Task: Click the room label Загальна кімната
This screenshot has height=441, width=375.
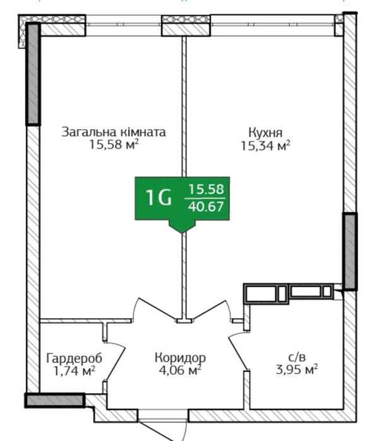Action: coord(114,132)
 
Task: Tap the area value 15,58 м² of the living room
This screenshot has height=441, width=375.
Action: coord(114,144)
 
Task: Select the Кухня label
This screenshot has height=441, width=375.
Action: coord(265,132)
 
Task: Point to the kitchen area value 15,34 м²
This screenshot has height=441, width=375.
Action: coord(265,146)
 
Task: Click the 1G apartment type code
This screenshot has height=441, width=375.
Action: coord(158,198)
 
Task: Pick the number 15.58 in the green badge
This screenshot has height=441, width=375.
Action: coord(206,189)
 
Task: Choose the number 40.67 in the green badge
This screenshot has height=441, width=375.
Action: coord(206,207)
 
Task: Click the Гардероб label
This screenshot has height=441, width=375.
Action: coord(74,358)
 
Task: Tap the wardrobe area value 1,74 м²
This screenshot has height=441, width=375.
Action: coord(74,371)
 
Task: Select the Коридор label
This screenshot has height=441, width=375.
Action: coord(181,358)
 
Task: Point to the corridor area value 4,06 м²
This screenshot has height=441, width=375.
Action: coord(180,370)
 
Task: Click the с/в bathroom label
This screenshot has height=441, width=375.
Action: coord(297,357)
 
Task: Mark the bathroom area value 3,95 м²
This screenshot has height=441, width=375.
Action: coord(297,369)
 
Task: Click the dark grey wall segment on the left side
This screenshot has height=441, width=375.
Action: coord(33,74)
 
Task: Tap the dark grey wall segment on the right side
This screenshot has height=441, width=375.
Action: coord(350,251)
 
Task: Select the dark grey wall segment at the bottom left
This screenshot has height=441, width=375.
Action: coord(55,400)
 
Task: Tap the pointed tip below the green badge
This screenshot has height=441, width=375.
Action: coord(182,232)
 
